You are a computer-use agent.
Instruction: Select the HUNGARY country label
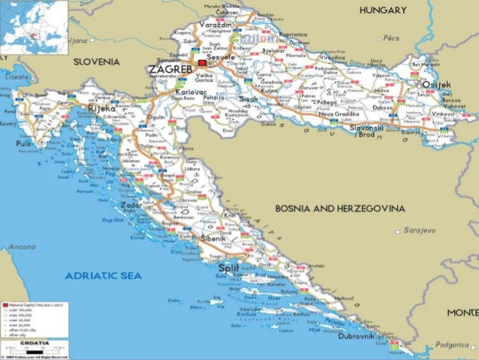point(383,11)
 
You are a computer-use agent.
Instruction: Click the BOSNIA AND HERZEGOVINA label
point(340,207)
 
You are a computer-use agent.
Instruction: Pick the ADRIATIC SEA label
point(104,276)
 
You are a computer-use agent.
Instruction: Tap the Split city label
point(228,267)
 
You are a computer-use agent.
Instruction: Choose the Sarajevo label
point(417,230)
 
